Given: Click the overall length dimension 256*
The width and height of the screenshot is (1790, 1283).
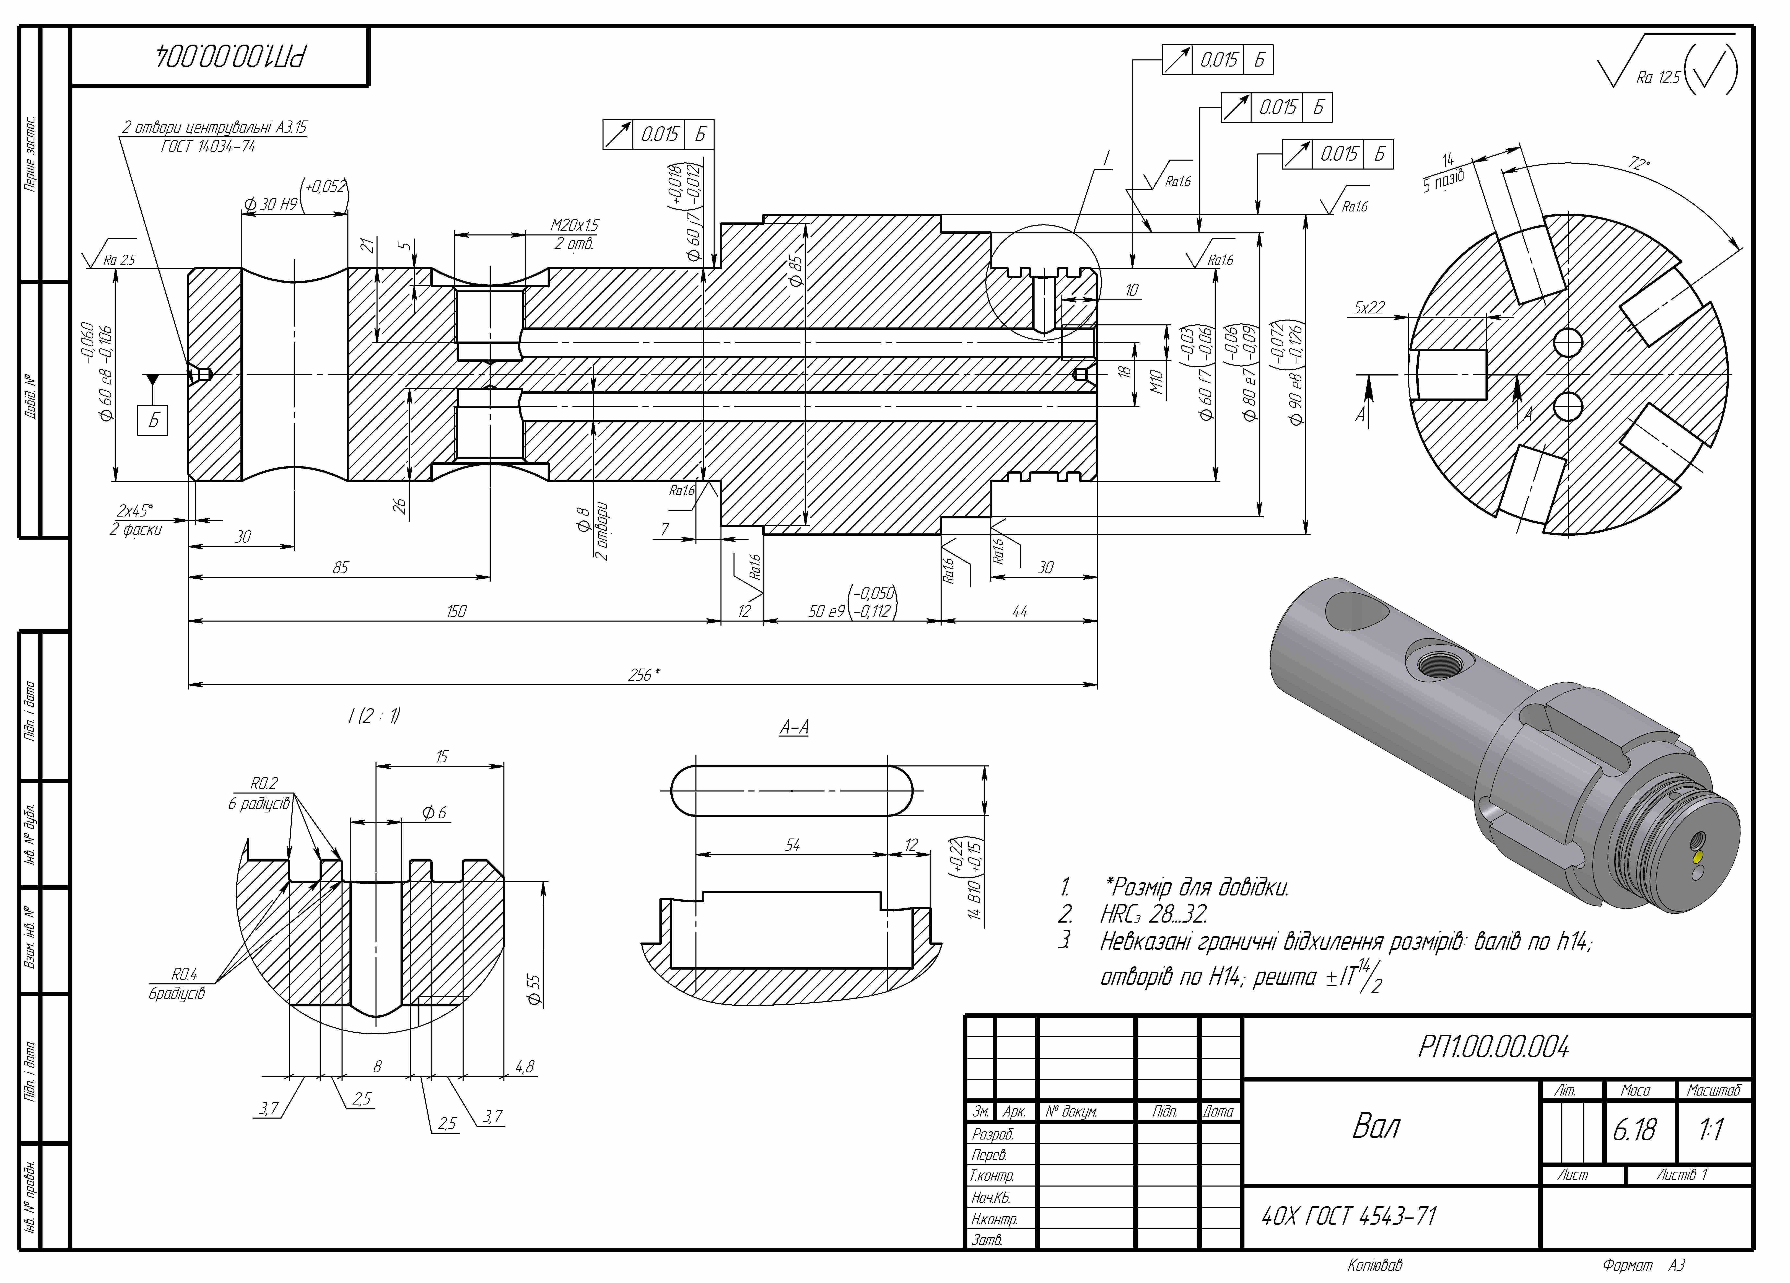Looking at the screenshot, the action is (x=643, y=675).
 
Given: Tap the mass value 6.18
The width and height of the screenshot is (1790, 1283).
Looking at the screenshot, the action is (x=1635, y=1130).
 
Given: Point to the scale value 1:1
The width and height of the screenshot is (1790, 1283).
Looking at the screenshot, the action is (x=1710, y=1130).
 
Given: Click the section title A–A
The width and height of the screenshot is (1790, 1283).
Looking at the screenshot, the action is (x=794, y=727).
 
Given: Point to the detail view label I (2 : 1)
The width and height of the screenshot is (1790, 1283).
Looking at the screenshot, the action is (x=374, y=716).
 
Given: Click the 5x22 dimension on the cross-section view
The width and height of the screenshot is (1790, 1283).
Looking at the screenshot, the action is (x=1369, y=307).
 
